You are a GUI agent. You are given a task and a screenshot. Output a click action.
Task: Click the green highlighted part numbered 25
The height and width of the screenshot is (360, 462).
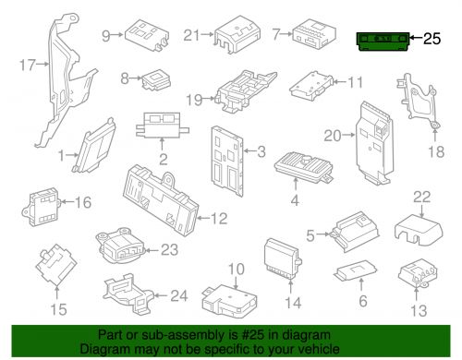[x=383, y=42]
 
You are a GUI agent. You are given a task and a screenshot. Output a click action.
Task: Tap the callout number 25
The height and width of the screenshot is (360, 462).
[x=432, y=39]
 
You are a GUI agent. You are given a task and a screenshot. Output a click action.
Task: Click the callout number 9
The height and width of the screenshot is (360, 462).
[x=105, y=36]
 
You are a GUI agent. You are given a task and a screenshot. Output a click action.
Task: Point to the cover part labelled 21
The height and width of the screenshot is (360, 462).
[x=237, y=34]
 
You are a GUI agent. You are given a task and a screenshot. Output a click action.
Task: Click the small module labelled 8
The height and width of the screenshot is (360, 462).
[x=156, y=78]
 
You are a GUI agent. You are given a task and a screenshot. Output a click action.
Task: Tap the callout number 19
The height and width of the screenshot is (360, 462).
[x=194, y=100]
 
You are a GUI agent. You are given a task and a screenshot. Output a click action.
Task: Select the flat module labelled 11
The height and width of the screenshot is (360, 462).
[x=311, y=86]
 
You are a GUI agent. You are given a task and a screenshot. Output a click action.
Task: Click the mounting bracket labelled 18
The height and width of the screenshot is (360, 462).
[x=419, y=101]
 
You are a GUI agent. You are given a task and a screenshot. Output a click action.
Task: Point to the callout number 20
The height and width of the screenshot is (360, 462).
[x=333, y=136]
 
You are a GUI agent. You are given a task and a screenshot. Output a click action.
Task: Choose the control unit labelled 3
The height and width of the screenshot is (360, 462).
[x=227, y=161]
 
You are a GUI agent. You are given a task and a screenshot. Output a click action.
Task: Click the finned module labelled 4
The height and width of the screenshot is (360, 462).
[x=303, y=167]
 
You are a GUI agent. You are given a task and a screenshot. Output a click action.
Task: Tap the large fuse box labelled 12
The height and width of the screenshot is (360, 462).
[x=161, y=200]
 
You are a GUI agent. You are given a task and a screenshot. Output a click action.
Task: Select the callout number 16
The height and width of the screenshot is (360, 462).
[x=83, y=202]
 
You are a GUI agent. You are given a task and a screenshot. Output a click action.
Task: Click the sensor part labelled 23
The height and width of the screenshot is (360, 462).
[x=120, y=246]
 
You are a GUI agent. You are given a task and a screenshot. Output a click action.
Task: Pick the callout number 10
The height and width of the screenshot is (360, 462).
[x=236, y=269]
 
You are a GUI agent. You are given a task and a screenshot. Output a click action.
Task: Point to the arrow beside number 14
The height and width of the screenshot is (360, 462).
[x=290, y=285]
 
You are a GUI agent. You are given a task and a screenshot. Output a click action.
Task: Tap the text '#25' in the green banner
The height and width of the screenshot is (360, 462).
[x=252, y=335]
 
